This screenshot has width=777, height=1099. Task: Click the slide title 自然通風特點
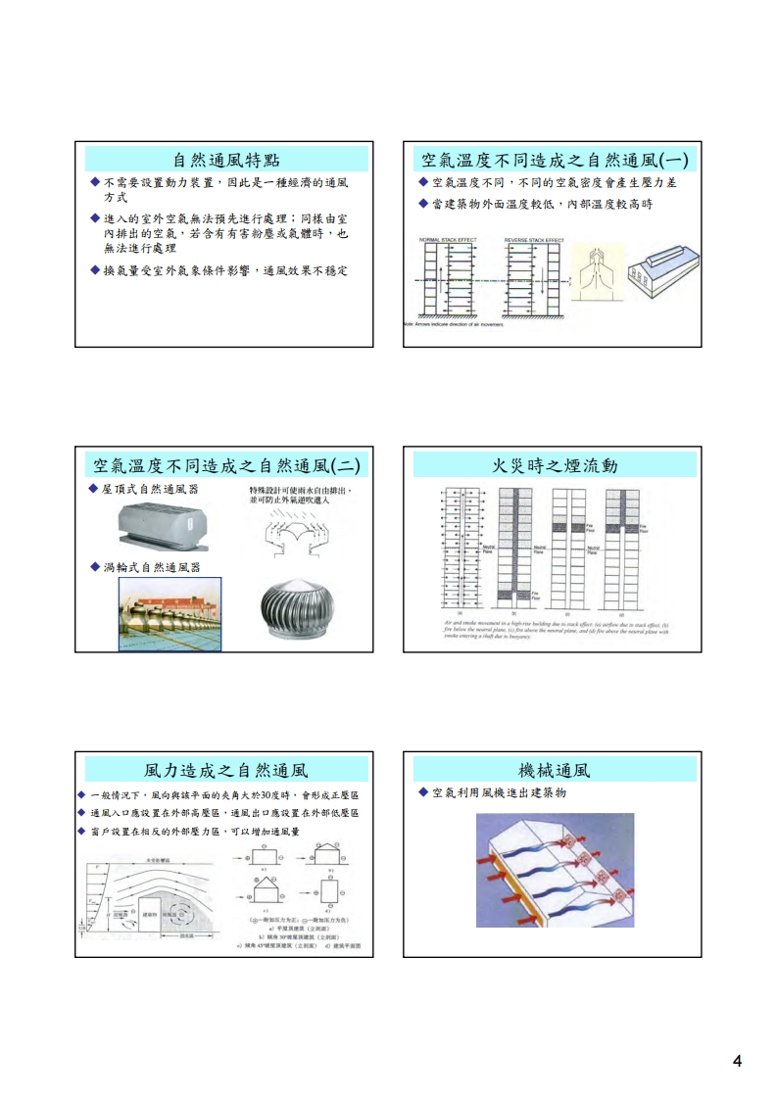click(224, 160)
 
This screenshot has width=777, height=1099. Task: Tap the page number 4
click(736, 1062)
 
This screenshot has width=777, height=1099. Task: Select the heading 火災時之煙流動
click(554, 465)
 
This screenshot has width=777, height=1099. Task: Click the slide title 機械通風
click(554, 771)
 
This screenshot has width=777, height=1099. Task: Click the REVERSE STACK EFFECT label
click(534, 239)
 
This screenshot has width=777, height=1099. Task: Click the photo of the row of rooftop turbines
click(170, 614)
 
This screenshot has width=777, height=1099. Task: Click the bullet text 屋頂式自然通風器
click(150, 488)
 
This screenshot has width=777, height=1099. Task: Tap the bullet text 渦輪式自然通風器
click(150, 567)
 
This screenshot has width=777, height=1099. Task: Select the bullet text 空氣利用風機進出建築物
click(499, 792)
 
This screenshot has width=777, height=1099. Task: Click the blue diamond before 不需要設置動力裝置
click(94, 182)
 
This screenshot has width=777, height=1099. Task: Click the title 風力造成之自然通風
click(224, 771)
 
